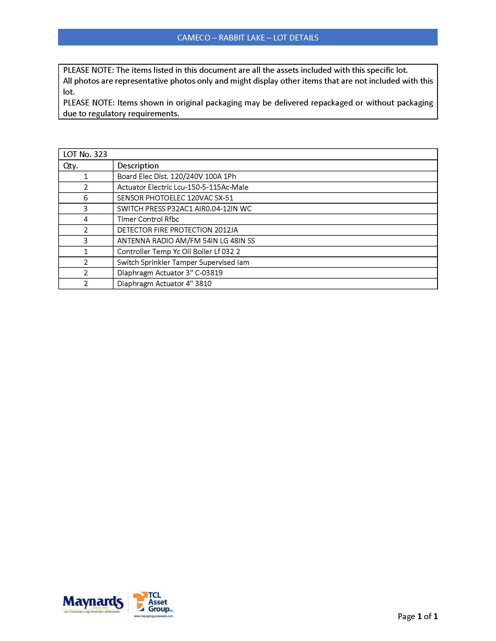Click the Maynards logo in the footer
click(93, 603)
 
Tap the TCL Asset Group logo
click(153, 602)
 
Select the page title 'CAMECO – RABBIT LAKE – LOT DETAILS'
click(248, 38)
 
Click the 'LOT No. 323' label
click(85, 154)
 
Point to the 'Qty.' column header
click(71, 166)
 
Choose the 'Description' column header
click(138, 166)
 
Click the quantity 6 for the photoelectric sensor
click(86, 198)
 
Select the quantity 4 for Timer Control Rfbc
click(86, 219)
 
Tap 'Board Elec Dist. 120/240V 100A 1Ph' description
click(177, 177)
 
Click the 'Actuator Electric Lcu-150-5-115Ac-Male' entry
click(183, 187)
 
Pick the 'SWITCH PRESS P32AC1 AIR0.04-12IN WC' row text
click(184, 209)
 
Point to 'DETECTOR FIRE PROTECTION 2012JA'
click(177, 230)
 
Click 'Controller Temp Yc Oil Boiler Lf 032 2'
click(179, 252)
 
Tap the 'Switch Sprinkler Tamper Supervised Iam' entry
click(183, 263)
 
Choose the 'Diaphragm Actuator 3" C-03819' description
click(170, 273)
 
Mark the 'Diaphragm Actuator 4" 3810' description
click(164, 284)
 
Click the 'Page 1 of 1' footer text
click(418, 616)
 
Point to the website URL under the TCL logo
click(153, 616)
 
